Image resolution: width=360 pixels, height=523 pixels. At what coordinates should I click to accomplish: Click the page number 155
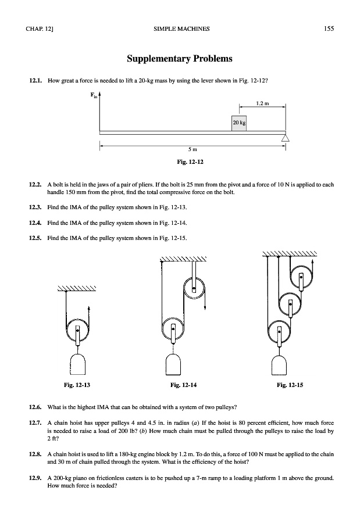point(329,28)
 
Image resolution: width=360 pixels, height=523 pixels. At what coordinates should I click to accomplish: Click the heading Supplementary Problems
point(180,59)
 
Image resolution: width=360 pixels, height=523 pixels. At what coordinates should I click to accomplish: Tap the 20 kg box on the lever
point(238,123)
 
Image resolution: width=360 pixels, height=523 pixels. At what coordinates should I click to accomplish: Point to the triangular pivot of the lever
point(285,137)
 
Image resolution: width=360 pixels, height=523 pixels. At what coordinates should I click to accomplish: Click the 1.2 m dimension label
point(262,104)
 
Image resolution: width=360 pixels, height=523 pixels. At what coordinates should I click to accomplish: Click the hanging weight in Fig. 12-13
point(77,366)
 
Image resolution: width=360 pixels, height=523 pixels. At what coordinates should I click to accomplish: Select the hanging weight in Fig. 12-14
point(174,366)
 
